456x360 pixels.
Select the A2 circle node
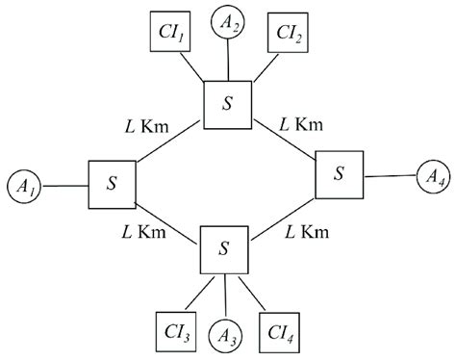tap(228, 21)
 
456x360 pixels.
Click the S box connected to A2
tap(228, 102)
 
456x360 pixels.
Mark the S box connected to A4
tap(338, 174)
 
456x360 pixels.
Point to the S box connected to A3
tap(224, 249)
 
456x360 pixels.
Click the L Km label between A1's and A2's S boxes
tap(150, 127)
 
